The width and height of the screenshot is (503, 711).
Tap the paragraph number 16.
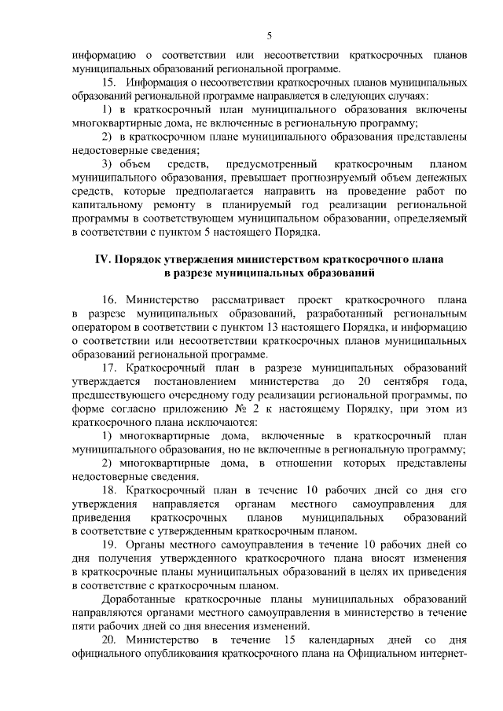coord(109,300)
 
